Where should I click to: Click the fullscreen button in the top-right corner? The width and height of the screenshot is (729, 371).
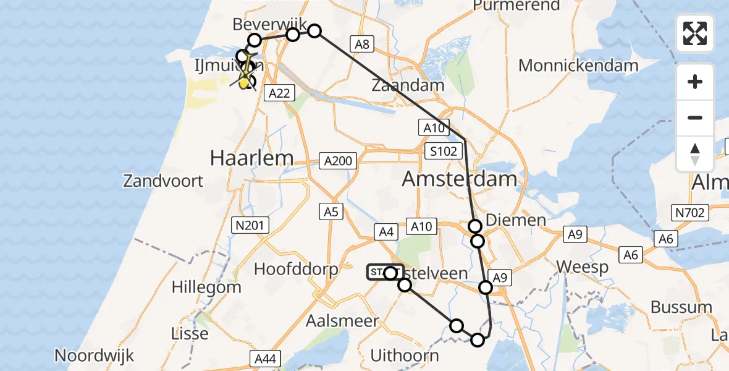point(695,33)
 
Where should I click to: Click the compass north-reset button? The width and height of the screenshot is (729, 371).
point(695,154)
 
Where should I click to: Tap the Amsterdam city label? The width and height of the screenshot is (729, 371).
point(459,179)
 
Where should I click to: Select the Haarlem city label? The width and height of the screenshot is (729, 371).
point(251,158)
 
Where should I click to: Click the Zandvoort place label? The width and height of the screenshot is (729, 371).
point(163,181)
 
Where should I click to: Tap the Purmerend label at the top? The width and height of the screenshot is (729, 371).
point(516,6)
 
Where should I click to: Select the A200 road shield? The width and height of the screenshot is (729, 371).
point(339,161)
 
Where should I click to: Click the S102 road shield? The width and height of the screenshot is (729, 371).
point(445,151)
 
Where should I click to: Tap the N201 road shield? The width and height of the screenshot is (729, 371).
point(250,224)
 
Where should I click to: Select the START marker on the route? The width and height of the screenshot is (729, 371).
point(384,273)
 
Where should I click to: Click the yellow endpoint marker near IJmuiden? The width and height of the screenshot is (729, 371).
point(245,82)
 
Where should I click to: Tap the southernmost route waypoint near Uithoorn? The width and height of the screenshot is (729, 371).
point(478,339)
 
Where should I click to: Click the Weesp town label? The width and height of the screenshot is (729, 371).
point(583,267)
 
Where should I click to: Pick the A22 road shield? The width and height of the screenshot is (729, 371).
point(279,93)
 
